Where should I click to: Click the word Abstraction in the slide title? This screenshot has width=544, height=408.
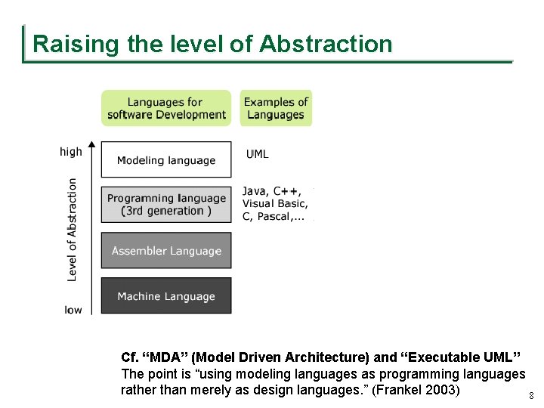326,44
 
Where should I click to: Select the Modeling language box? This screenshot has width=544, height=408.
166,159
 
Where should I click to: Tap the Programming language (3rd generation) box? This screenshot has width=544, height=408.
166,205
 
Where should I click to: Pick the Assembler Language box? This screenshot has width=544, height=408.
166,251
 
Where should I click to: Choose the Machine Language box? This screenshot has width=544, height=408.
166,296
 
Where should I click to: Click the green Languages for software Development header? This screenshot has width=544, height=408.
166,108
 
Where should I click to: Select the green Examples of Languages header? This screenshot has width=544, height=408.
276,108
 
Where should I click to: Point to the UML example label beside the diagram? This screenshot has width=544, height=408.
258,154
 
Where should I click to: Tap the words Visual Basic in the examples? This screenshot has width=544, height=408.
275,203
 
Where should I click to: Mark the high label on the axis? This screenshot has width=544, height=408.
71,152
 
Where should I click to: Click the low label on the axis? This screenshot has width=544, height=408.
73,310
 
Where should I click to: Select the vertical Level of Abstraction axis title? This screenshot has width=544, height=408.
73,230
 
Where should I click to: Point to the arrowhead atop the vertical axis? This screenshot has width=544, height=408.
91,144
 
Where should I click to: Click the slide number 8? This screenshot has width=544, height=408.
531,396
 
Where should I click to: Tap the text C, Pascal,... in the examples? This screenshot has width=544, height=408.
274,217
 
